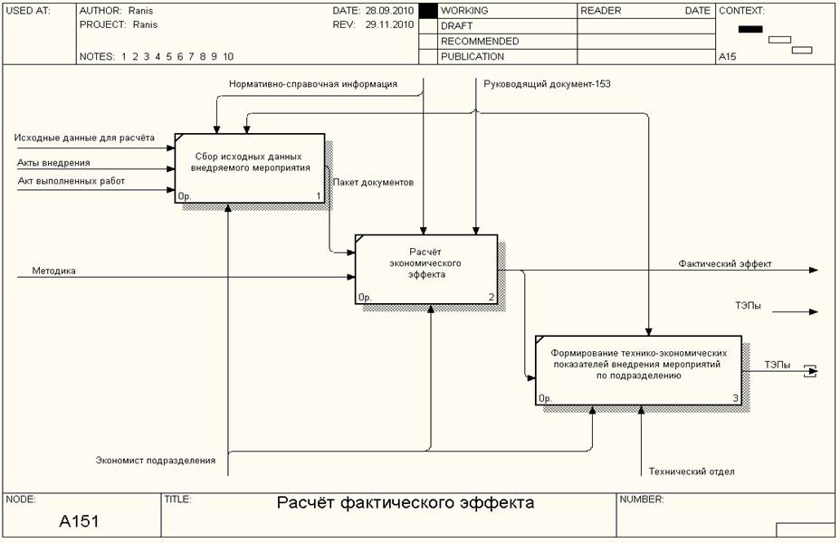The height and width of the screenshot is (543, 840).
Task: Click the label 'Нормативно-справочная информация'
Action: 313,84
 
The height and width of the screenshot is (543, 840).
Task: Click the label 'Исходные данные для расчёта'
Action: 84,138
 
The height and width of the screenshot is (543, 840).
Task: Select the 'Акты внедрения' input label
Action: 53,163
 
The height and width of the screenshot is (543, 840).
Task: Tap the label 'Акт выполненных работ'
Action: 72,181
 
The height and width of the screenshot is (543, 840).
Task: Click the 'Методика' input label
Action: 54,270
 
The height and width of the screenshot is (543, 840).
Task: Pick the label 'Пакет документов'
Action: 373,182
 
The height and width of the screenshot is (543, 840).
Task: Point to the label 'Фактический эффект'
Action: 725,263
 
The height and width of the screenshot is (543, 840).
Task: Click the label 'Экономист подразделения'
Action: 156,460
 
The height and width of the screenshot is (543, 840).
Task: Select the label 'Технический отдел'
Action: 692,471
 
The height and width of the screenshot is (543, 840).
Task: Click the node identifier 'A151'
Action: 80,521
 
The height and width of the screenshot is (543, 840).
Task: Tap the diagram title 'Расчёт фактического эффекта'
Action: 406,503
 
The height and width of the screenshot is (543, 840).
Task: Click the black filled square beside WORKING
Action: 428,11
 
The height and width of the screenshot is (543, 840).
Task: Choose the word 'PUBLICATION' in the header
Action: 472,56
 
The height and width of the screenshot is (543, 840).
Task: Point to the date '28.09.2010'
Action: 388,11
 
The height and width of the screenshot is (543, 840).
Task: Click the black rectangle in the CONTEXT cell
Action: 750,29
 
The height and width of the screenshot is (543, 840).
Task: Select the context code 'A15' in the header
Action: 727,56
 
